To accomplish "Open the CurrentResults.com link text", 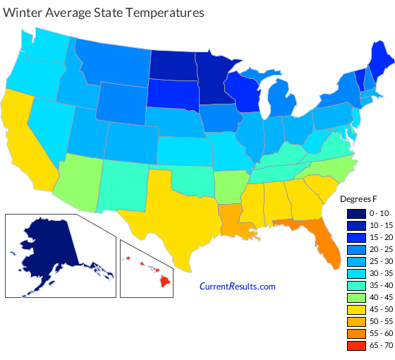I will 238,286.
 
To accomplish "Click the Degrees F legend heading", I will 362,198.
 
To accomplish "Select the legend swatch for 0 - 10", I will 354,212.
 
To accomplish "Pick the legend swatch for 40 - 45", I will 354,297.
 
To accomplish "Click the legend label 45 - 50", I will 377,309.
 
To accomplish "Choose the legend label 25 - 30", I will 377,261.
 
